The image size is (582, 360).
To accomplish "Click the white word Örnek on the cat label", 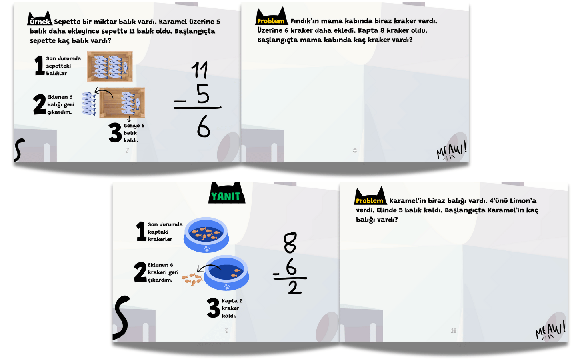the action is click(x=40, y=22).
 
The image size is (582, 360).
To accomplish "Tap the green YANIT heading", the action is click(x=226, y=197).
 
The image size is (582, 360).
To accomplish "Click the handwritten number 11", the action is click(x=200, y=70).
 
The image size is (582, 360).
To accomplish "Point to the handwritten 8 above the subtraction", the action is click(x=290, y=242).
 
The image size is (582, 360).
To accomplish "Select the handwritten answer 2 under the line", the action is click(x=295, y=288).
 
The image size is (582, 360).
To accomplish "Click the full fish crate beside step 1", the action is click(x=110, y=66).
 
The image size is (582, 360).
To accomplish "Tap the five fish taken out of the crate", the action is click(x=88, y=104).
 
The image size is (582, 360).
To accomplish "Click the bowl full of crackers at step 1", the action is click(x=206, y=234).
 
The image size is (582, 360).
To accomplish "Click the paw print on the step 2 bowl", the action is click(x=227, y=286).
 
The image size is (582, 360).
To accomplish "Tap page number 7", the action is click(x=127, y=151).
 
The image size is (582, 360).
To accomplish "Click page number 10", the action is click(x=453, y=330).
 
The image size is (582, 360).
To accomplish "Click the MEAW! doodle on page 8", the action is click(x=452, y=151).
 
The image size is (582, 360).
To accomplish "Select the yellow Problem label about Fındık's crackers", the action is click(x=270, y=21).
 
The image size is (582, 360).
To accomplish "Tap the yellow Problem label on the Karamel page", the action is click(x=369, y=201).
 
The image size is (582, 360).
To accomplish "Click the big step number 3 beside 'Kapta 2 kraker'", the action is click(x=213, y=308).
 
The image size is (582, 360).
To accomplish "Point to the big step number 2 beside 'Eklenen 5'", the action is click(x=40, y=104).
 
